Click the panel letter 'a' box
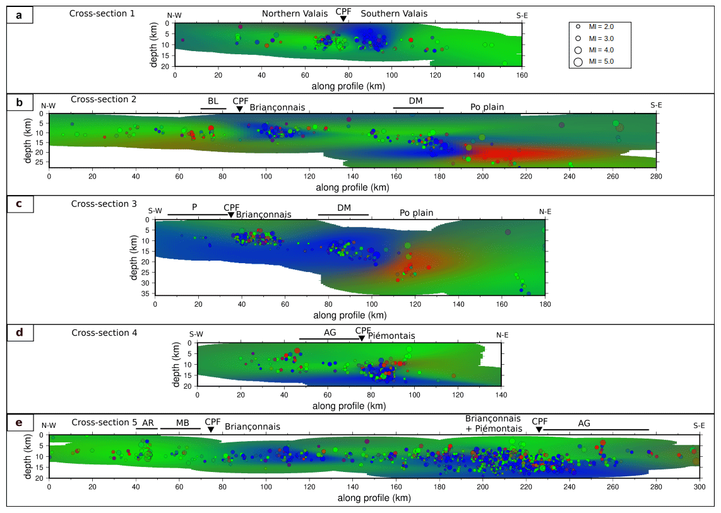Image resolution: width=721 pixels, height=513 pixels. coord(20,15)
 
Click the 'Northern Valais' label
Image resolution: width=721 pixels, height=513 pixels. coord(295,14)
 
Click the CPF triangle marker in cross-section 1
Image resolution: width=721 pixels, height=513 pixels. coord(343,19)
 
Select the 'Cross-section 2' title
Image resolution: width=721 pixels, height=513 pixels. coord(104,99)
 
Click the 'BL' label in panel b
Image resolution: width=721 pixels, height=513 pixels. coord(213,101)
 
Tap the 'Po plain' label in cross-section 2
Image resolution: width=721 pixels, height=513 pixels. coord(487,107)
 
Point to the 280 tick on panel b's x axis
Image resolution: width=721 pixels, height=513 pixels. coord(656,176)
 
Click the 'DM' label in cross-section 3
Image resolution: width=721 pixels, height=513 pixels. coord(344,208)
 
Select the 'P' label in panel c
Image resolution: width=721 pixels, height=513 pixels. coord(195,207)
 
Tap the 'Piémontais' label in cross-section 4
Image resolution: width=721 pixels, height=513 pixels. coord(391,336)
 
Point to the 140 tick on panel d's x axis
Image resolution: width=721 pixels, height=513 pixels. coord(501,394)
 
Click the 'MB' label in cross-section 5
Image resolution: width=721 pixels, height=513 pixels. coord(182,423)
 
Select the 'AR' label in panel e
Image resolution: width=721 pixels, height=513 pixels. coord(148,423)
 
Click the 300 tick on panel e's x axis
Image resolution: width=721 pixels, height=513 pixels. coord(699,488)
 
